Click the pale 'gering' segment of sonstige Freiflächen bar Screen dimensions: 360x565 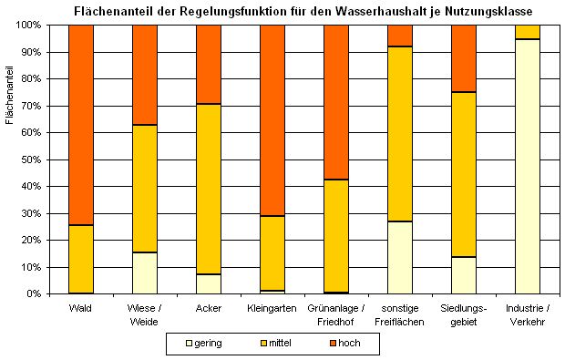click(x=400, y=258)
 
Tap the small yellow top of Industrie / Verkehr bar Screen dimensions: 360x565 click(x=528, y=32)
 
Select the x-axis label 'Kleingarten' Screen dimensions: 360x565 click(x=272, y=308)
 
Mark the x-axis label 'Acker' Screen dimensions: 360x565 click(x=209, y=308)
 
